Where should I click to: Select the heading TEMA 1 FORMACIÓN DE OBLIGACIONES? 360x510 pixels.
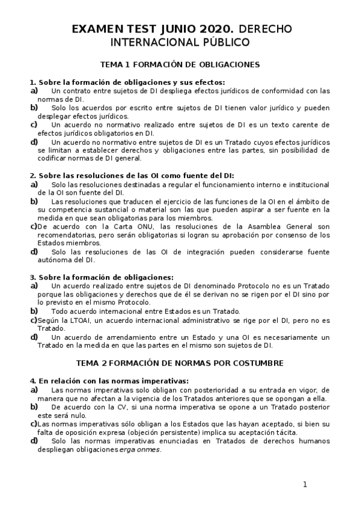(x=180, y=64)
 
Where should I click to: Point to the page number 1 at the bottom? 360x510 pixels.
(x=305, y=484)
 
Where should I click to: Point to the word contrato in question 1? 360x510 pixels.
(x=76, y=91)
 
